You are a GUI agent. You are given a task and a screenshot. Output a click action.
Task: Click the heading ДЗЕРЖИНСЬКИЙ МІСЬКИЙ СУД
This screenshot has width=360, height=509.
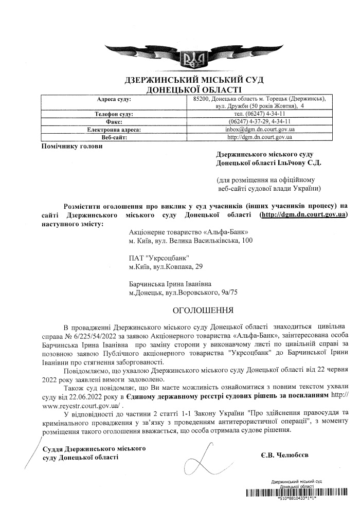191,81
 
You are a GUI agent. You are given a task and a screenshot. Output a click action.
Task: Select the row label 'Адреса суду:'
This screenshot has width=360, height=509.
114,98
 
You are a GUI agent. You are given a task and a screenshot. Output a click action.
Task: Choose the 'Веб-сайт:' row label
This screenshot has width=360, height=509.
114,137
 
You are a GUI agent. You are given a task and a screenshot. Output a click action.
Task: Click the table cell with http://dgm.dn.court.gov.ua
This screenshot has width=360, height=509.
260,137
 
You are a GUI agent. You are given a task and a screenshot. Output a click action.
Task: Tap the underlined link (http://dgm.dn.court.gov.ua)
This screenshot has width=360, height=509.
303,214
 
